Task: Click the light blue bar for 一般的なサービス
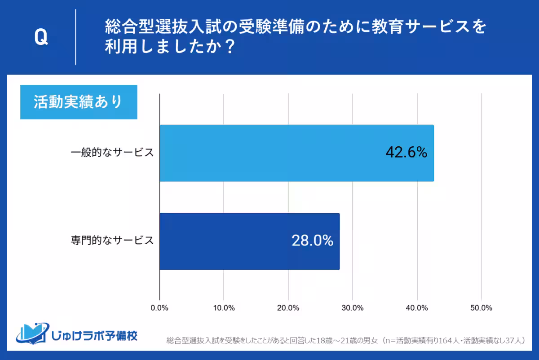click(x=296, y=153)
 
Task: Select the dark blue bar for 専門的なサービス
click(x=249, y=241)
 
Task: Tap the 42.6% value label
click(x=406, y=153)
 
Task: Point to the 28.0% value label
click(x=312, y=241)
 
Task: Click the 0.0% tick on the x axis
click(x=159, y=308)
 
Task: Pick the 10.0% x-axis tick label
click(x=224, y=308)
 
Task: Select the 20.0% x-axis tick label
click(x=288, y=308)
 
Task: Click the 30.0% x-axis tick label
click(x=353, y=308)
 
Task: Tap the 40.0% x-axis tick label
click(x=417, y=308)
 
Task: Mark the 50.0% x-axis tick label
click(x=481, y=308)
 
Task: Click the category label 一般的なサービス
click(x=112, y=153)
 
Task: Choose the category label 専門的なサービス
click(x=112, y=241)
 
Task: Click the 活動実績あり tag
click(x=79, y=102)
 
